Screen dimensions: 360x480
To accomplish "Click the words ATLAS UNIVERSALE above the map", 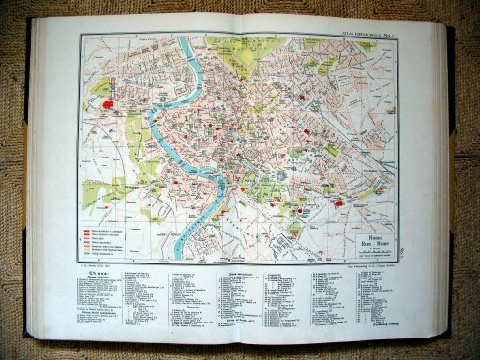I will tap(352, 37).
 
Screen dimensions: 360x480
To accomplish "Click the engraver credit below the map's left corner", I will tap(94, 266).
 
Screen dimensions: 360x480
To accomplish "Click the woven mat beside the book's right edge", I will tap(464, 187).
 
